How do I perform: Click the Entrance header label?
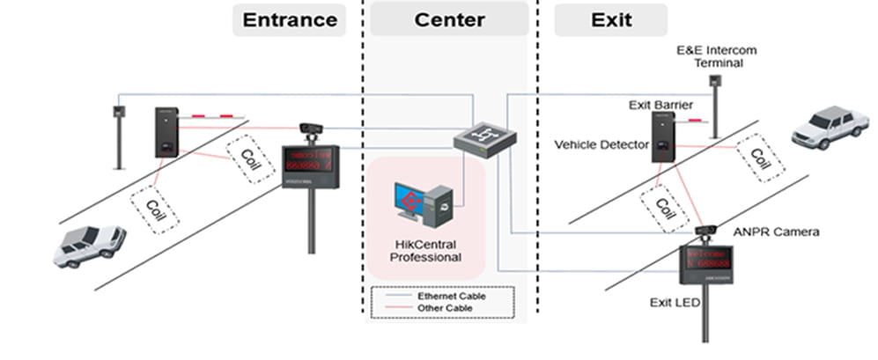point(289,19)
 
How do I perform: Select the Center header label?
point(449,19)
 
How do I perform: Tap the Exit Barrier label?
point(660,105)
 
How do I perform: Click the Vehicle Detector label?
point(601,143)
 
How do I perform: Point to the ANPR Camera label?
point(776,231)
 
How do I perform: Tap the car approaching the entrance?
point(89,246)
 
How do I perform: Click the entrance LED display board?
point(310,165)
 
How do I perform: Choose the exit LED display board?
point(706,264)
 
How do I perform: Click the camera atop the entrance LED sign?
point(311,130)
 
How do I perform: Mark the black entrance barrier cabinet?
point(166,132)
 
